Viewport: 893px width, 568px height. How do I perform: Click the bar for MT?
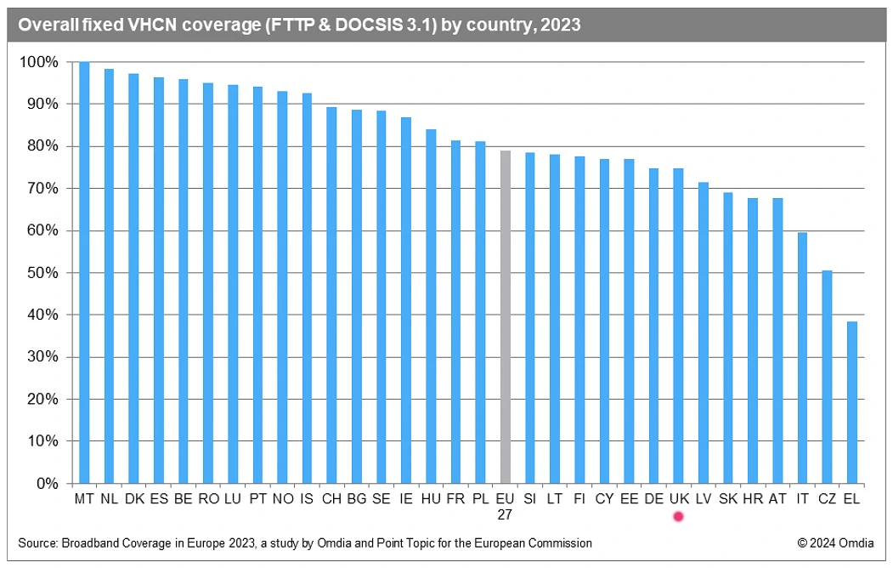84,272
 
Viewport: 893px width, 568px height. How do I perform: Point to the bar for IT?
802,358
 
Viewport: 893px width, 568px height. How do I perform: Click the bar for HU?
431,306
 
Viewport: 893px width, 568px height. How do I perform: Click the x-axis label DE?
653,498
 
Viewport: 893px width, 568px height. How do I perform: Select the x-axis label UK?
678,498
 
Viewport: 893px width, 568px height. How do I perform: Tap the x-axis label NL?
109,498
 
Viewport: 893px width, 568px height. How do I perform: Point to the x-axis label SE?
382,498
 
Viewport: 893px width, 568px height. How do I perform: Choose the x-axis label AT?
777,498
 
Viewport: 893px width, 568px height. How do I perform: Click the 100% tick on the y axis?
40,62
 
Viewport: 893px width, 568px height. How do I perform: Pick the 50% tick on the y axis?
42,273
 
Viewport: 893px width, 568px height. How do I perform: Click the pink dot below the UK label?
678,516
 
